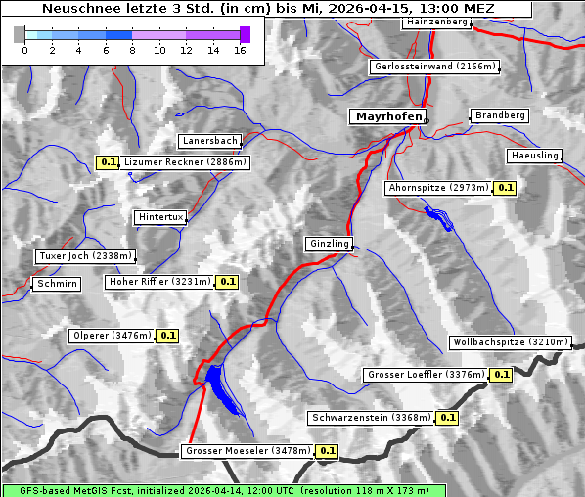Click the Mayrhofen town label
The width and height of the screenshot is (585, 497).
[388, 116]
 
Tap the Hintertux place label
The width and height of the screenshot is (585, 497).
[160, 217]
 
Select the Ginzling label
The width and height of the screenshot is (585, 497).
[329, 244]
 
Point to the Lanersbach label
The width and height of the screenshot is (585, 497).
[209, 141]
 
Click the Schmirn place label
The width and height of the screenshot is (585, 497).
[56, 284]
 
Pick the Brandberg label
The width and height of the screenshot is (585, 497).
[500, 115]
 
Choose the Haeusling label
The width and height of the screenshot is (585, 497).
[534, 156]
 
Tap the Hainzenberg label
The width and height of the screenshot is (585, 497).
[436, 22]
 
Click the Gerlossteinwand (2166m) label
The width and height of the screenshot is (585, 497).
[435, 67]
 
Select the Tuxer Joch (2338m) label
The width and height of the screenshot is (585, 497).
[84, 256]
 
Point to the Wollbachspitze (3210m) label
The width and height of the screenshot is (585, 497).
[510, 342]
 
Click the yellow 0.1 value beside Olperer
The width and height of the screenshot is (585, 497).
[167, 336]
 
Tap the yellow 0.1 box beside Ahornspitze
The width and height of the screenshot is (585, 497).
[505, 187]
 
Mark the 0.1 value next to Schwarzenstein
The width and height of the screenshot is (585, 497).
[447, 418]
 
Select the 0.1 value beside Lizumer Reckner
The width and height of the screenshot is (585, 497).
[108, 162]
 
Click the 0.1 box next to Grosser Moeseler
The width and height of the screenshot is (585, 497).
[327, 451]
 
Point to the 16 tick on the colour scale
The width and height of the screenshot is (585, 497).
[238, 50]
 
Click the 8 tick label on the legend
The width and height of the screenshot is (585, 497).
[131, 50]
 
